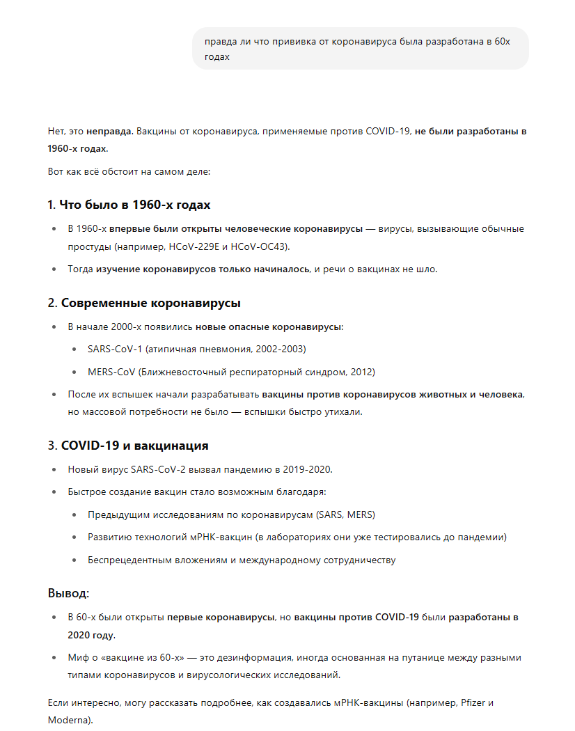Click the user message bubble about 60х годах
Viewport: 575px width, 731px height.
[x=360, y=49]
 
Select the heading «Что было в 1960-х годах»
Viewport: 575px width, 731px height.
[x=135, y=205]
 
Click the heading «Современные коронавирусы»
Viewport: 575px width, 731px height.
[x=151, y=303]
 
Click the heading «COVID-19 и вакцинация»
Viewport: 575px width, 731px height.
[x=135, y=446]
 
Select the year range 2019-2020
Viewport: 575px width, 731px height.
[x=306, y=469]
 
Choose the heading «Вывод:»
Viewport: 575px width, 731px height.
[x=68, y=593]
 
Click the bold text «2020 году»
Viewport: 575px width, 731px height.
[x=91, y=635]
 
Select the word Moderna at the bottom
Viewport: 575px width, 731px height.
[x=69, y=720]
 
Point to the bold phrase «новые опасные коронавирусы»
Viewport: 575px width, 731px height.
[x=269, y=327]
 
